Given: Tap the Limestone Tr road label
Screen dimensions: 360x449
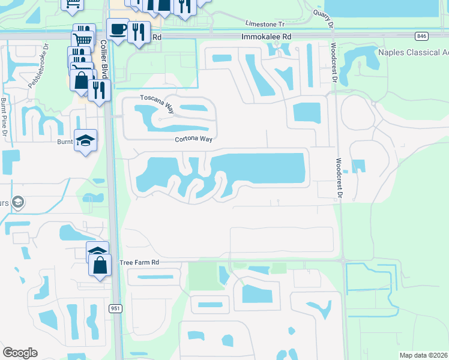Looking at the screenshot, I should [x=264, y=23].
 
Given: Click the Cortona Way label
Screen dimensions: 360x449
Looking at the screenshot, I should [x=194, y=139].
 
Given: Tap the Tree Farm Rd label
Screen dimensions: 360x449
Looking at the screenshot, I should [x=139, y=263].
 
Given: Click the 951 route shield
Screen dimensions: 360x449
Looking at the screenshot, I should [x=115, y=308].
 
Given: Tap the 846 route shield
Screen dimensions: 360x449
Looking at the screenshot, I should [x=421, y=37].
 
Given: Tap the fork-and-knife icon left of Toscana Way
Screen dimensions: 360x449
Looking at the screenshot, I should [x=100, y=89].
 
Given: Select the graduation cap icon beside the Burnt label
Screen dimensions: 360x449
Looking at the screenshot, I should [x=86, y=140].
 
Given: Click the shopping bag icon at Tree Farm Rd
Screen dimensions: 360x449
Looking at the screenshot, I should [x=100, y=263].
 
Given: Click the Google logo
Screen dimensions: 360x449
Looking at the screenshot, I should [x=20, y=353].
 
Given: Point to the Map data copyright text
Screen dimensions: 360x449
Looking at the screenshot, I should [x=423, y=355].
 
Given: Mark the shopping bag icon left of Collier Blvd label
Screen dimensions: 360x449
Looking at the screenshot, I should [x=80, y=80].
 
